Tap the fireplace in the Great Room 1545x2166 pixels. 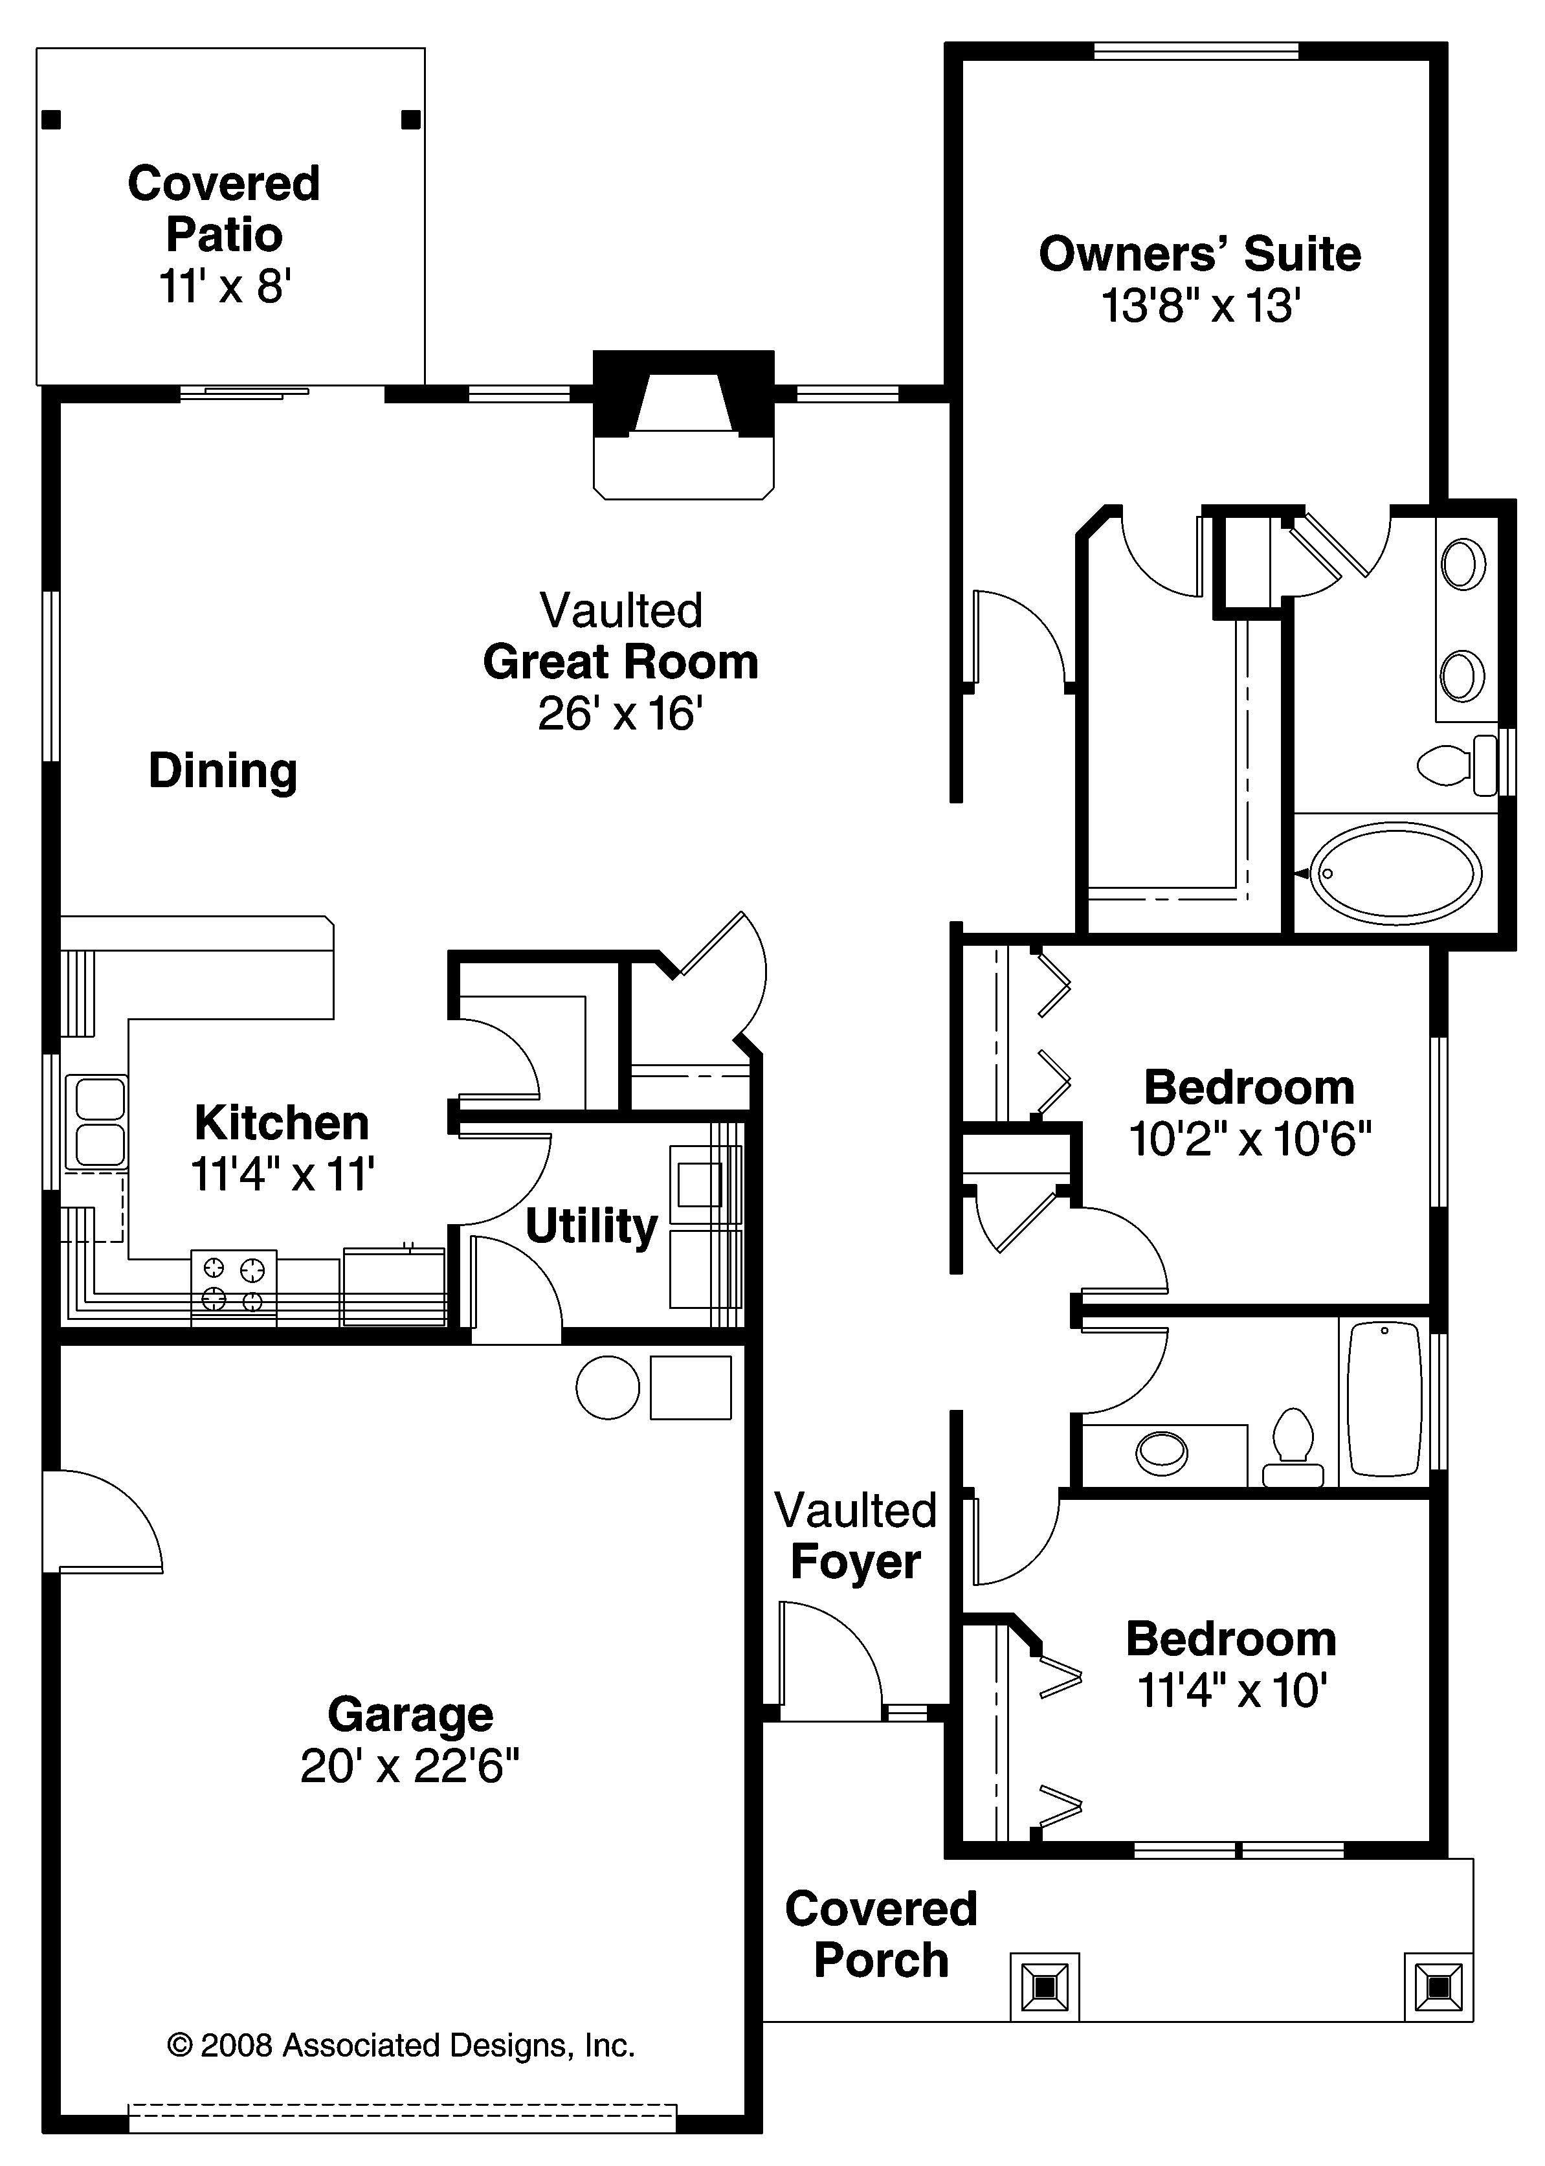682,423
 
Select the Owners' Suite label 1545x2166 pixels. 1199,254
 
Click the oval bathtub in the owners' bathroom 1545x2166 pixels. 1395,873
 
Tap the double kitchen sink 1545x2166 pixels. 94,1122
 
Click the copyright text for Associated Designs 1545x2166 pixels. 401,2045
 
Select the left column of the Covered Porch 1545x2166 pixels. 1045,1987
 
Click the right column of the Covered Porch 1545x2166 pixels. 1438,1987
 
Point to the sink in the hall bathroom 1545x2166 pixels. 1162,1453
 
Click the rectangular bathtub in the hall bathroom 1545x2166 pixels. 1384,1400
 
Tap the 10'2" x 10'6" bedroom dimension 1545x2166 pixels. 1249,1139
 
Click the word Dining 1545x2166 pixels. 223,770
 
